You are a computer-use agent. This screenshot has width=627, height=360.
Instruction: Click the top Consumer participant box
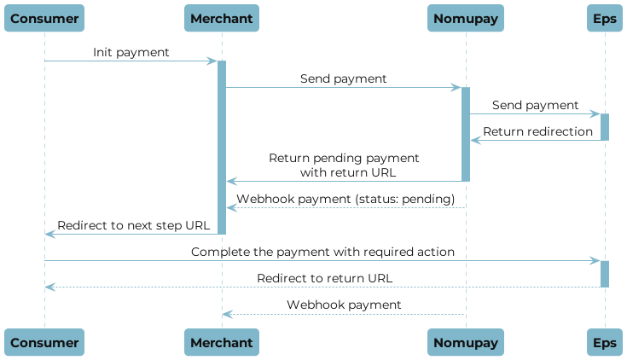click(x=44, y=17)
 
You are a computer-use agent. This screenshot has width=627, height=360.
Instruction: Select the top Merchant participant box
click(x=222, y=17)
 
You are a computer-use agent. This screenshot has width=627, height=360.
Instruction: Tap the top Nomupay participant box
click(x=466, y=17)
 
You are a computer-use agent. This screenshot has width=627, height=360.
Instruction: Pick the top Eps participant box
click(x=604, y=17)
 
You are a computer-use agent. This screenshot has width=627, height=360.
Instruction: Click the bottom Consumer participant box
click(x=44, y=342)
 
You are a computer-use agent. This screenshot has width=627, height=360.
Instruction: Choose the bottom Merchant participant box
click(x=222, y=342)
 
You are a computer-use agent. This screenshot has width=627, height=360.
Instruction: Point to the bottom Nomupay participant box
click(x=466, y=342)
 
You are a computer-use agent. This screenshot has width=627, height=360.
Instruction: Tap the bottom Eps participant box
click(x=604, y=342)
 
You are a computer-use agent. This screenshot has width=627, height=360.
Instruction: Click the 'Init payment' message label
click(x=131, y=53)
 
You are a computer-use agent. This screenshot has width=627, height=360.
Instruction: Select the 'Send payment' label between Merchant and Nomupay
click(x=343, y=78)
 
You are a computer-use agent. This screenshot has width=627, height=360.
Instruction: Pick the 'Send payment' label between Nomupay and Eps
click(x=535, y=105)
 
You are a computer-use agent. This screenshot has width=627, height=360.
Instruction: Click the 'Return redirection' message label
click(x=537, y=131)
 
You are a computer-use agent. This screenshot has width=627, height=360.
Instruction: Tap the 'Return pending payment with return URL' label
click(x=344, y=165)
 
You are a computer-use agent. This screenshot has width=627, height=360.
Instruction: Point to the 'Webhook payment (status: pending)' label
click(x=345, y=199)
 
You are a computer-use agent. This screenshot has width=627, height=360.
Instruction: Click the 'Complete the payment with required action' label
click(x=322, y=253)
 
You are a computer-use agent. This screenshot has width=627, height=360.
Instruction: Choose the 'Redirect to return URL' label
click(x=325, y=278)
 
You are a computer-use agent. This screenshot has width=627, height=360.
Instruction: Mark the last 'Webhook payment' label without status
click(x=344, y=305)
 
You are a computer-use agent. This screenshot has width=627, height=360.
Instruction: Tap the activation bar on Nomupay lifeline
click(x=466, y=133)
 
